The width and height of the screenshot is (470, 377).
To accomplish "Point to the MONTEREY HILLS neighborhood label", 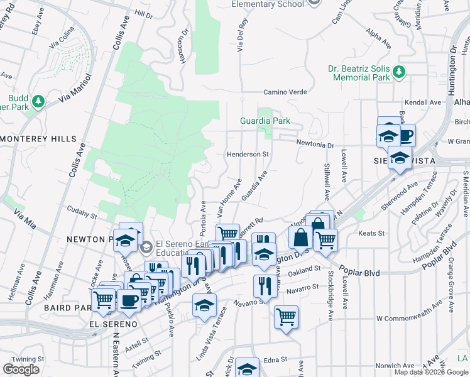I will click(38, 139).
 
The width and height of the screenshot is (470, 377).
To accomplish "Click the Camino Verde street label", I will click(285, 92).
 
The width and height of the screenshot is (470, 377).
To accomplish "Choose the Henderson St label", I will click(248, 154).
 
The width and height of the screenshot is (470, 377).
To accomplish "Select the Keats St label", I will click(371, 233).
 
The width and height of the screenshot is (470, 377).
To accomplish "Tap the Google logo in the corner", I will click(21, 369).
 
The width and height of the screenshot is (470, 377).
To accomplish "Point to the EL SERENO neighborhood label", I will click(113, 324).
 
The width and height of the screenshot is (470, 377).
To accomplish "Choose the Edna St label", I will click(275, 360).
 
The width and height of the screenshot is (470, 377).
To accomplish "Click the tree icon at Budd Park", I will click(38, 101).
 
